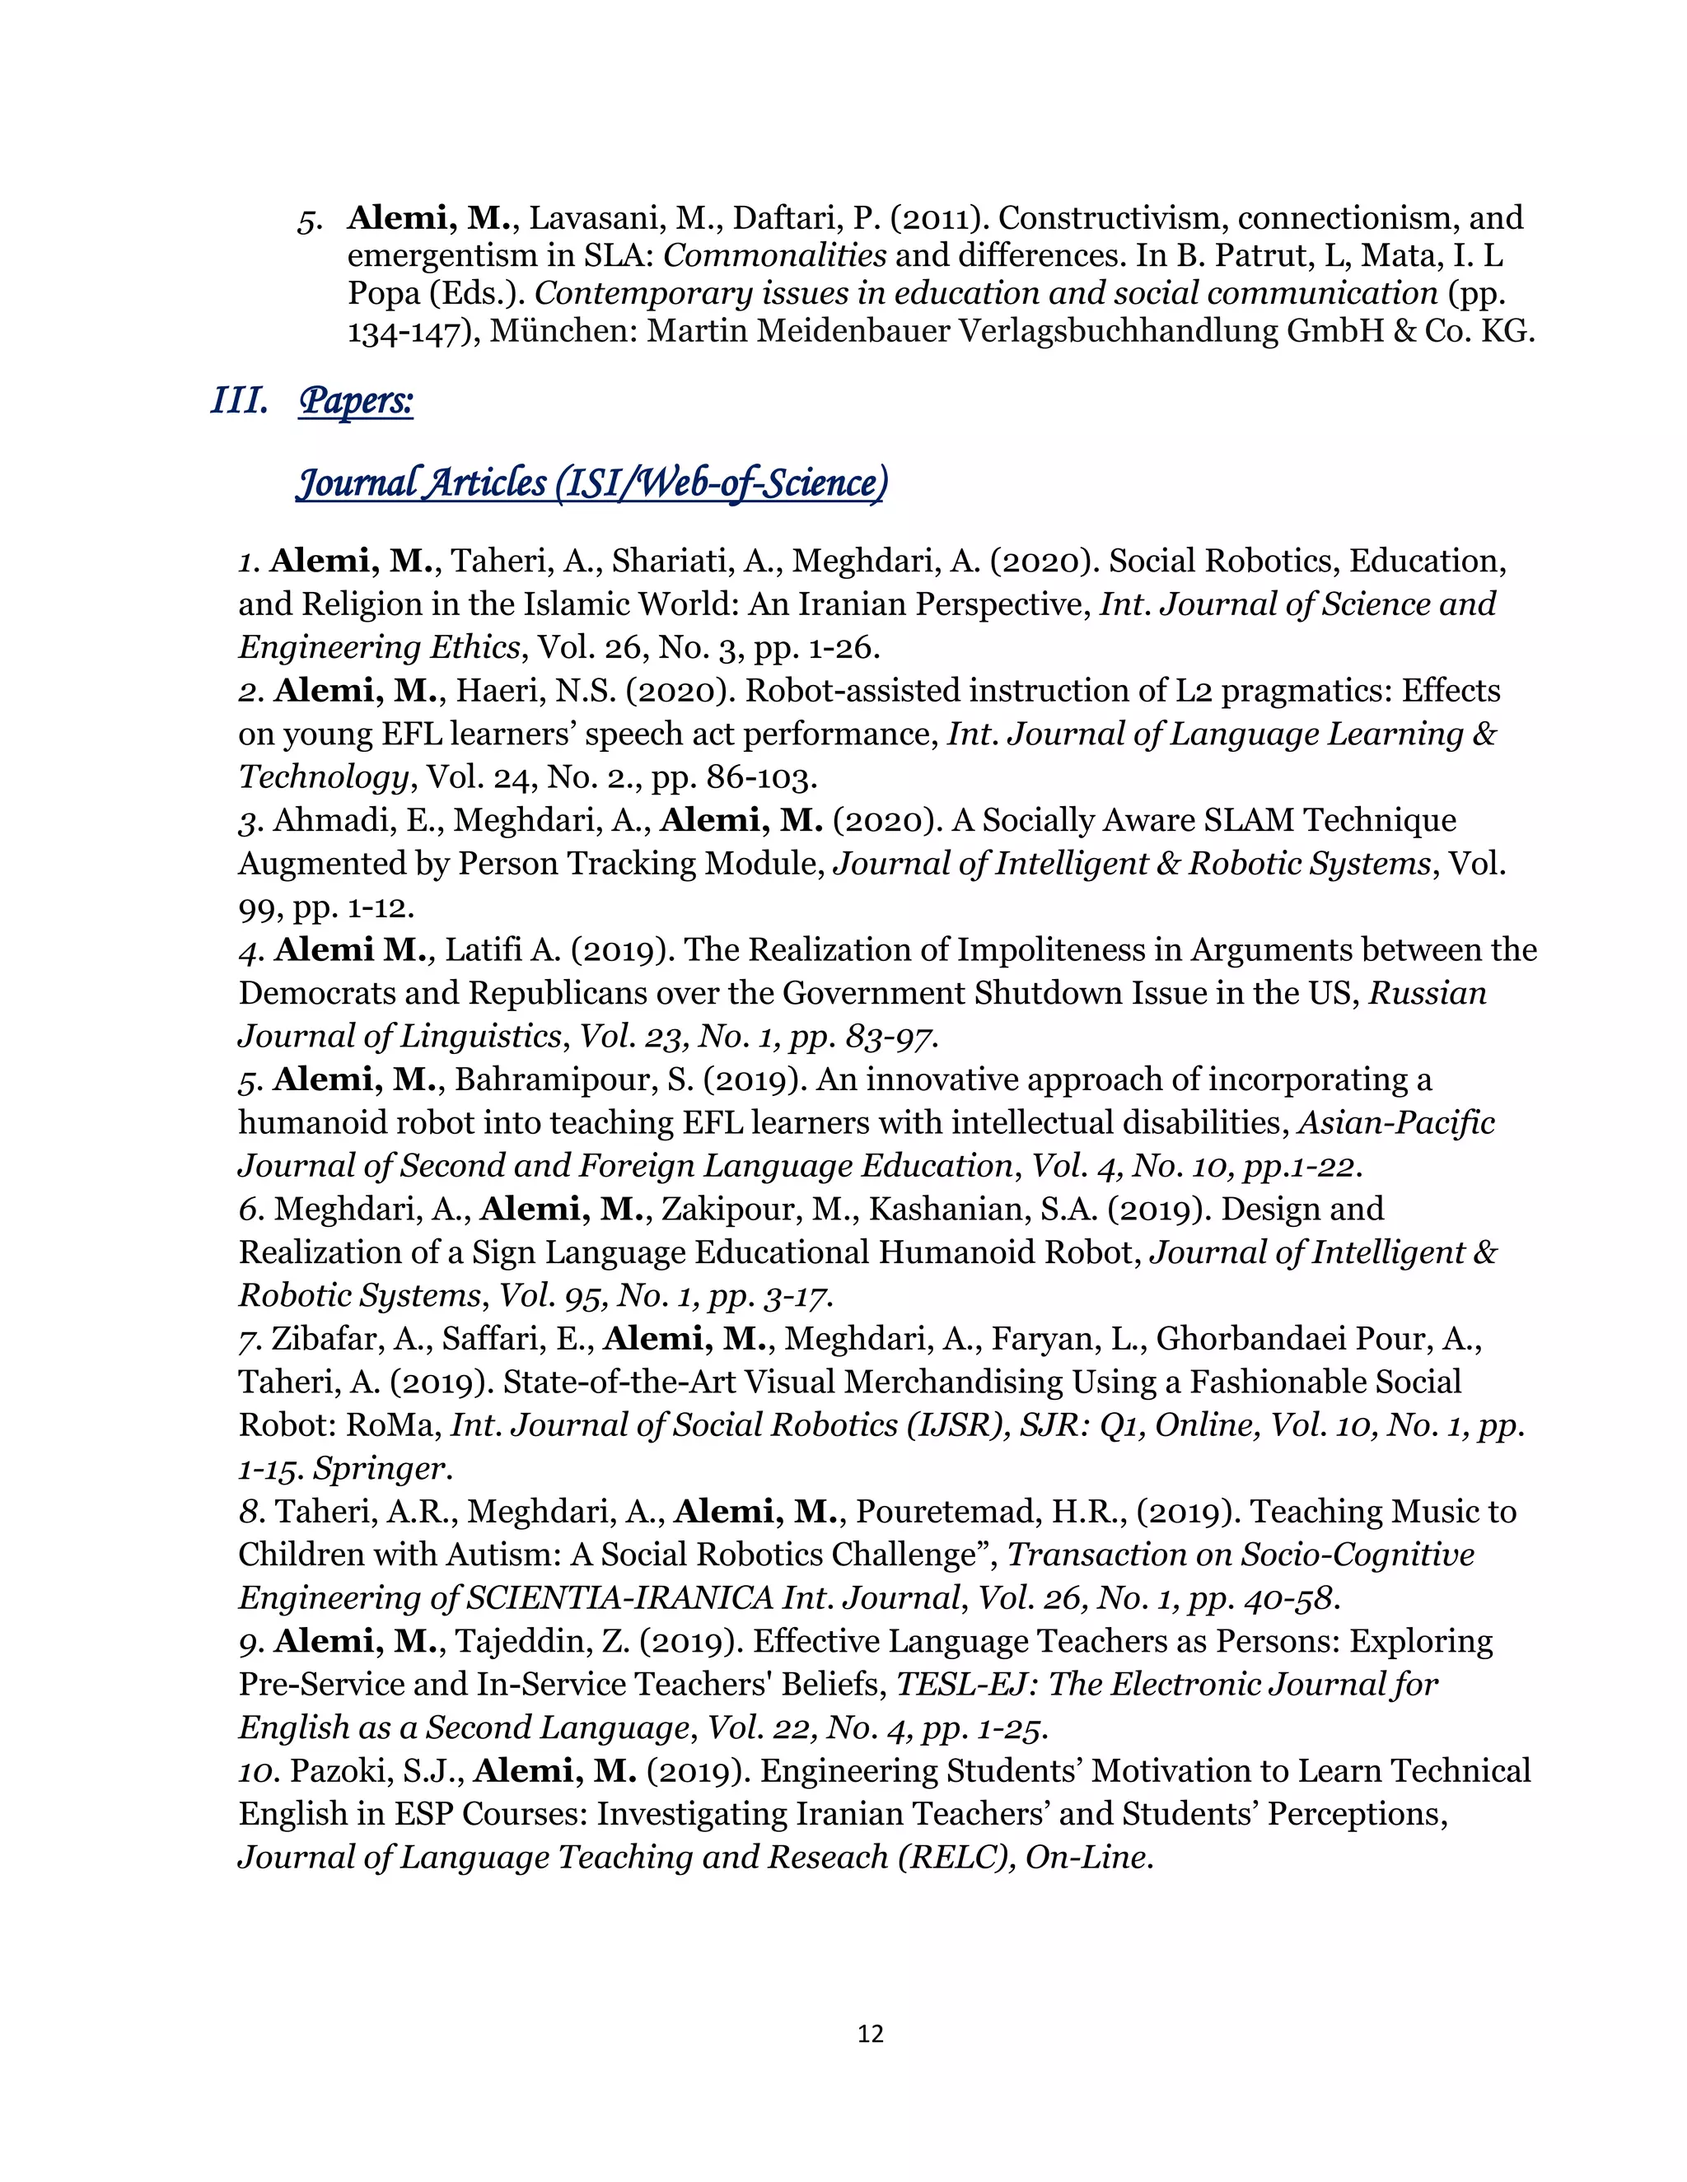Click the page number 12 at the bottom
[870, 2033]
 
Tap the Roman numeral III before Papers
[239, 401]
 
